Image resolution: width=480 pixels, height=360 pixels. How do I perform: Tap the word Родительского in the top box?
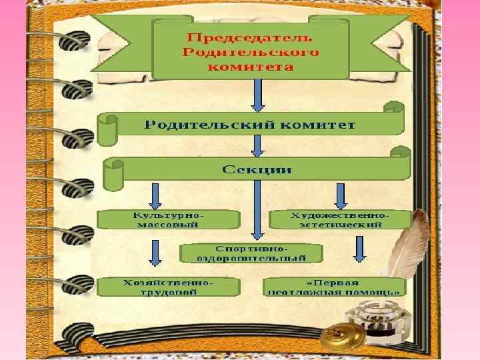click(x=250, y=52)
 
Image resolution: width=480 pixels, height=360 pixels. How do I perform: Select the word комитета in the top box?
click(x=250, y=67)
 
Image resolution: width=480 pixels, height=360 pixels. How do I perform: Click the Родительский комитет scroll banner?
click(x=250, y=125)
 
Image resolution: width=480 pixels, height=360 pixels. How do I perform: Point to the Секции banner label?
click(x=256, y=169)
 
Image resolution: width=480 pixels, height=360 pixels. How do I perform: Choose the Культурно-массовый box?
click(x=169, y=221)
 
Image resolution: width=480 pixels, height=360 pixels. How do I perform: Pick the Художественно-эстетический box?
click(x=339, y=220)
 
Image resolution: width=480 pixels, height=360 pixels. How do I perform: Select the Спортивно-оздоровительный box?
click(x=251, y=253)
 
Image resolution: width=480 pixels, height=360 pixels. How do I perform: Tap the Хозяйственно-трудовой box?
click(x=169, y=287)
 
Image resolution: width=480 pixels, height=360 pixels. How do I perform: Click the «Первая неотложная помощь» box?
click(x=334, y=287)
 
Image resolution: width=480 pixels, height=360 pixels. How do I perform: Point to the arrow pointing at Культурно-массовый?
click(x=155, y=195)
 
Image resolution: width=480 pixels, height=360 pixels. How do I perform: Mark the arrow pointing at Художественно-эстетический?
click(x=341, y=195)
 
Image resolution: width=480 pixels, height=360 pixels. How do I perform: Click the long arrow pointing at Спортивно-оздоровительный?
click(x=257, y=209)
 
